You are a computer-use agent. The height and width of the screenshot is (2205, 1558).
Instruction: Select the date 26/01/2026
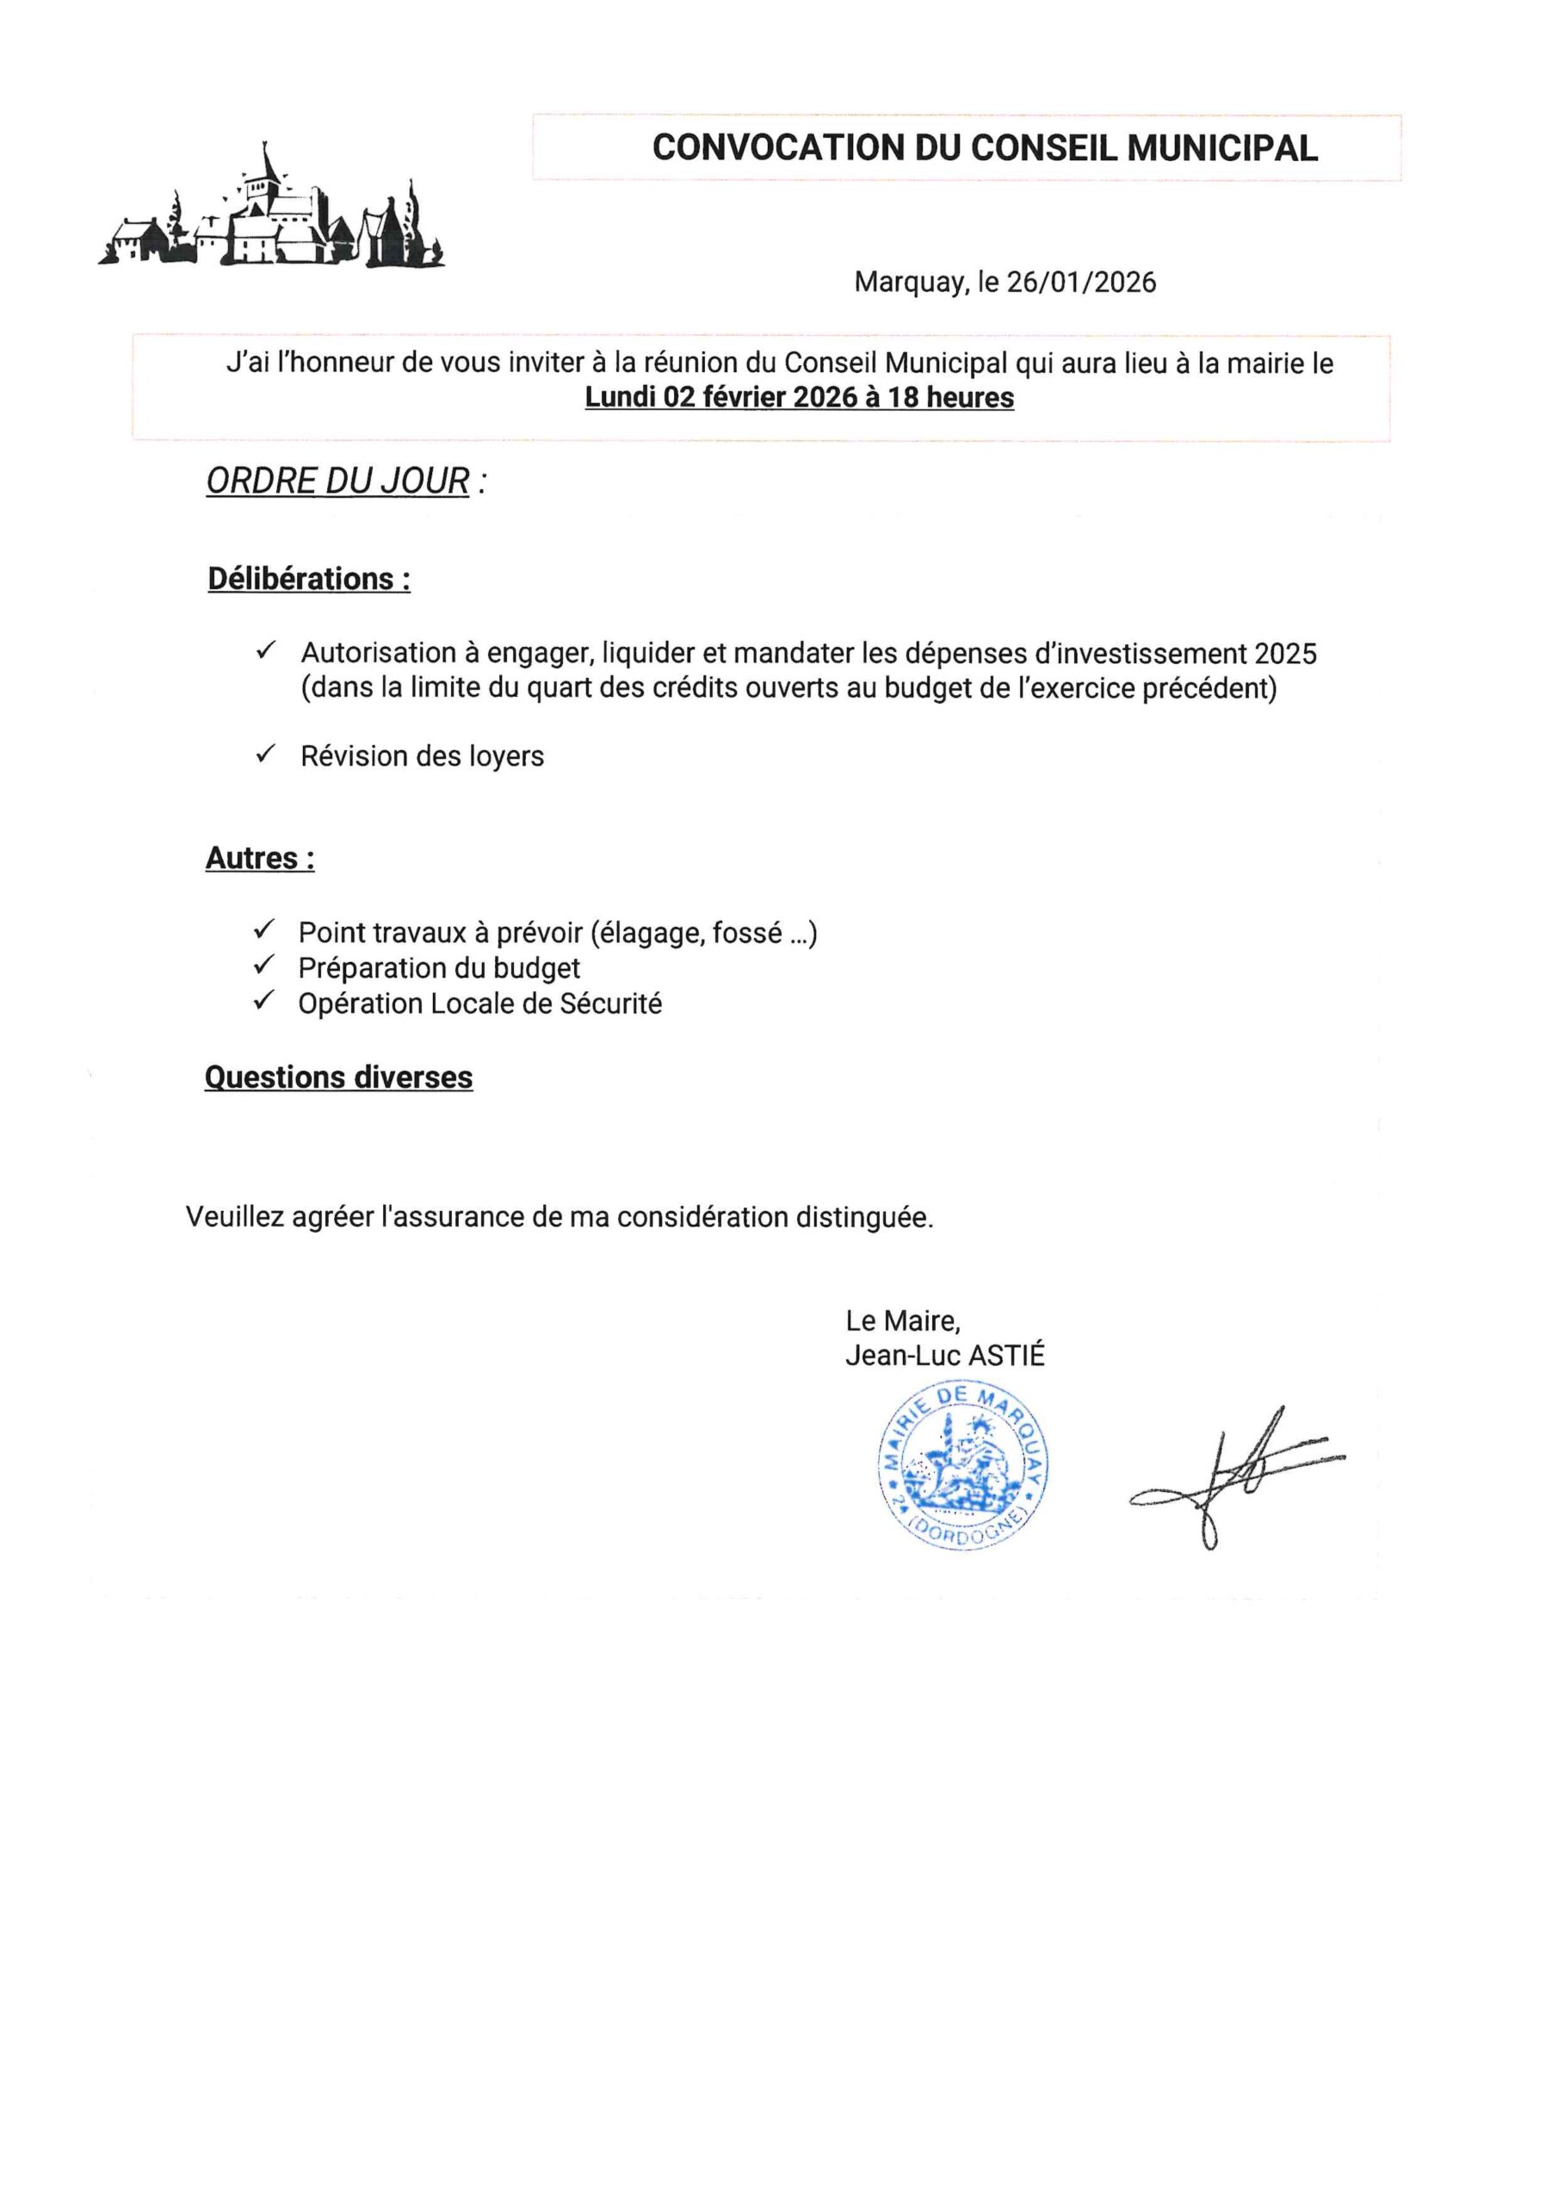1081,283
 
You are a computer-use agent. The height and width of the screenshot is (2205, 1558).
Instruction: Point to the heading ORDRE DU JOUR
338,481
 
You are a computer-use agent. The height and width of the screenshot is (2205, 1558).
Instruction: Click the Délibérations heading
308,579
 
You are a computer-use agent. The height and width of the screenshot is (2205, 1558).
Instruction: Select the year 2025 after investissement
1284,654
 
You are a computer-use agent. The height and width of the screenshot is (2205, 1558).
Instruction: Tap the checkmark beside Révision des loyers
266,754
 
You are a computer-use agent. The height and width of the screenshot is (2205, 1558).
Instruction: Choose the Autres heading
259,858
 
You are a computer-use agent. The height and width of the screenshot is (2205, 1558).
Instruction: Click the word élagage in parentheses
652,934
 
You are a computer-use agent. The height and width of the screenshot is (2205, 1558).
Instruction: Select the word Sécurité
610,1003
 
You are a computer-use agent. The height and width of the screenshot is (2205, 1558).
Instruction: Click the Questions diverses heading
338,1078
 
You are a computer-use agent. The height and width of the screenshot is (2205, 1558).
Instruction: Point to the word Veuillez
234,1218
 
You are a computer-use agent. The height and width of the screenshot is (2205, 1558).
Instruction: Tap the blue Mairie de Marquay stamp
963,1464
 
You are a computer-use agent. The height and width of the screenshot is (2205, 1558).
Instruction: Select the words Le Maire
902,1321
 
